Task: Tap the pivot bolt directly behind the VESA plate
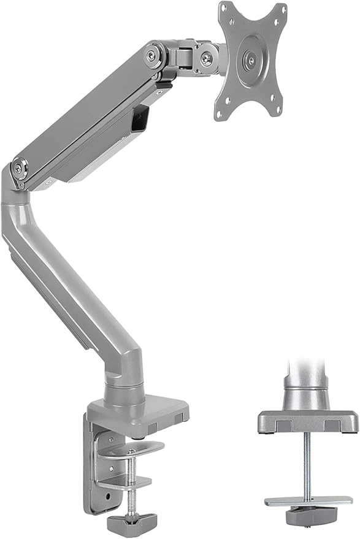(208, 59)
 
